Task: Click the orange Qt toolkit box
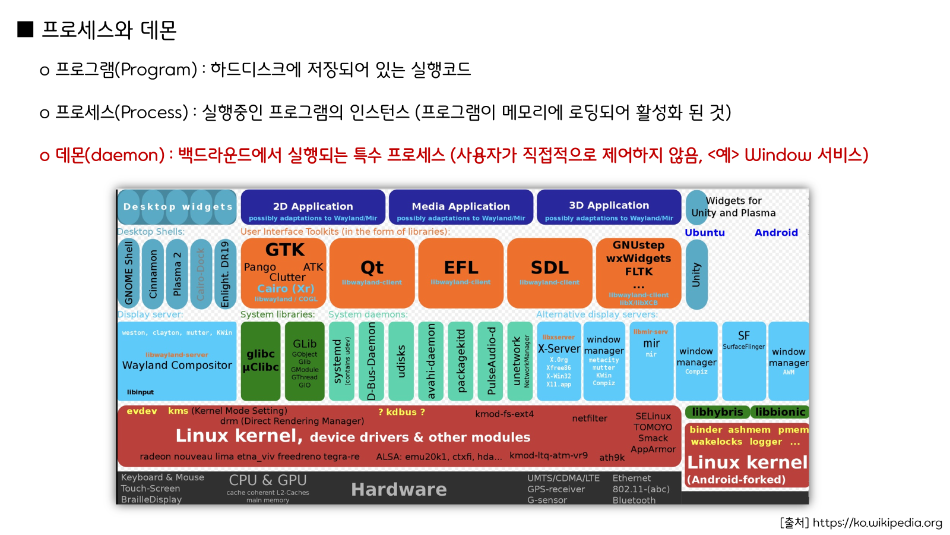372,273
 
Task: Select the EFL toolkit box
461,273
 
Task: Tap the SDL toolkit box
549,273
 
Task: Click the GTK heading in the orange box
285,250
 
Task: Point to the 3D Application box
609,207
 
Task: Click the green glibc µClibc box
261,361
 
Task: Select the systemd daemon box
341,361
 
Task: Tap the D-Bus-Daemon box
372,361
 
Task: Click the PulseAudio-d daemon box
491,361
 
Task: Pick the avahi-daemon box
431,361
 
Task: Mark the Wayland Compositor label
177,366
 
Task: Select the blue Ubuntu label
705,232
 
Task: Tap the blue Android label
776,232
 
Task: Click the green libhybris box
717,412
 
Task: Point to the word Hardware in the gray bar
398,489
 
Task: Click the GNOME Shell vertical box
129,273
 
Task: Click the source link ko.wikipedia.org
877,523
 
